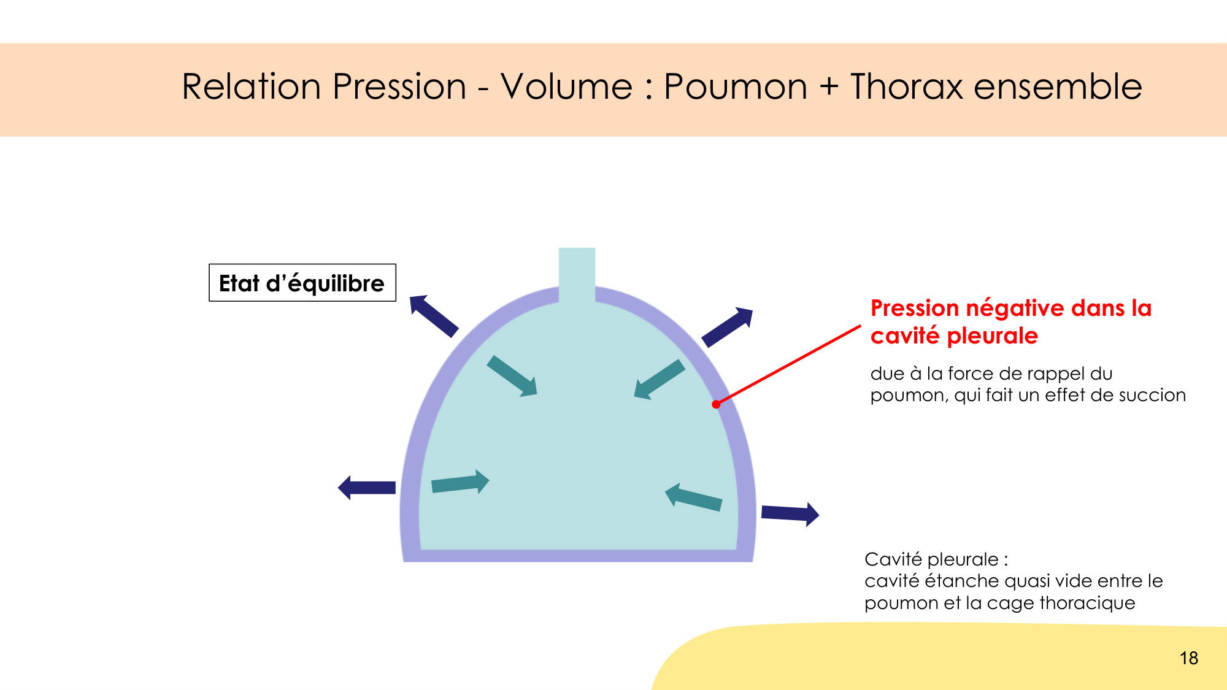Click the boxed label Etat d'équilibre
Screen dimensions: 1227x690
(302, 283)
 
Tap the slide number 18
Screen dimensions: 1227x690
(1188, 658)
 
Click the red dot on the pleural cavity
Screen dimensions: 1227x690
(716, 404)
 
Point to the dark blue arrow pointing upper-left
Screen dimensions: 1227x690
(434, 316)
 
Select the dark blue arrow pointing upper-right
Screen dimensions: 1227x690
(727, 327)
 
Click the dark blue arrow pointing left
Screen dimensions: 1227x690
(367, 488)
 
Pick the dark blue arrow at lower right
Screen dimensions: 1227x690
(790, 514)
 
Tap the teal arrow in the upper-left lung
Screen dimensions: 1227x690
(512, 376)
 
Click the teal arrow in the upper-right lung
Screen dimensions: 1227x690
(660, 380)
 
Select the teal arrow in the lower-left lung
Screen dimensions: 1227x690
(460, 482)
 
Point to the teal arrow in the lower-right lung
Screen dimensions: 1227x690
(694, 497)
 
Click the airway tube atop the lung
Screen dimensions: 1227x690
(577, 275)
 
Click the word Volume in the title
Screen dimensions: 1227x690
(566, 86)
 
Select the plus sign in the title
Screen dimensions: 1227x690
(829, 86)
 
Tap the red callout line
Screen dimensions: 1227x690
(788, 365)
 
